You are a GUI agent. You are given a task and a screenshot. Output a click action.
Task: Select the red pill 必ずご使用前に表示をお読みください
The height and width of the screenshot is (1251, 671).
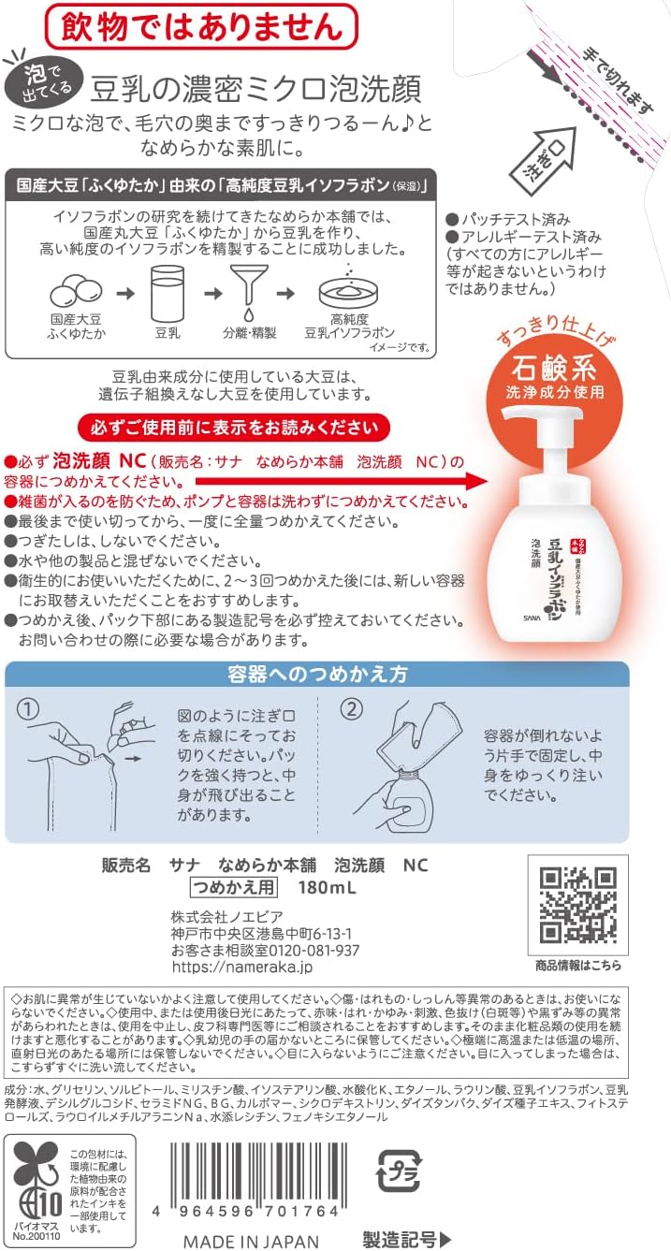[235, 428]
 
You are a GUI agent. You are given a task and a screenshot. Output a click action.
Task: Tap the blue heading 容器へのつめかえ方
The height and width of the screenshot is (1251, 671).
[316, 675]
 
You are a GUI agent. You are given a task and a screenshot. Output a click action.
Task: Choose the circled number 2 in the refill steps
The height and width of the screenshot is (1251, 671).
[350, 709]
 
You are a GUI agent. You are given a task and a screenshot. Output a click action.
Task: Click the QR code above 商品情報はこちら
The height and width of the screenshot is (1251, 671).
[578, 904]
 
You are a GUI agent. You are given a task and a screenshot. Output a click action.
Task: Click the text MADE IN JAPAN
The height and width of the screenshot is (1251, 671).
[250, 1241]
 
